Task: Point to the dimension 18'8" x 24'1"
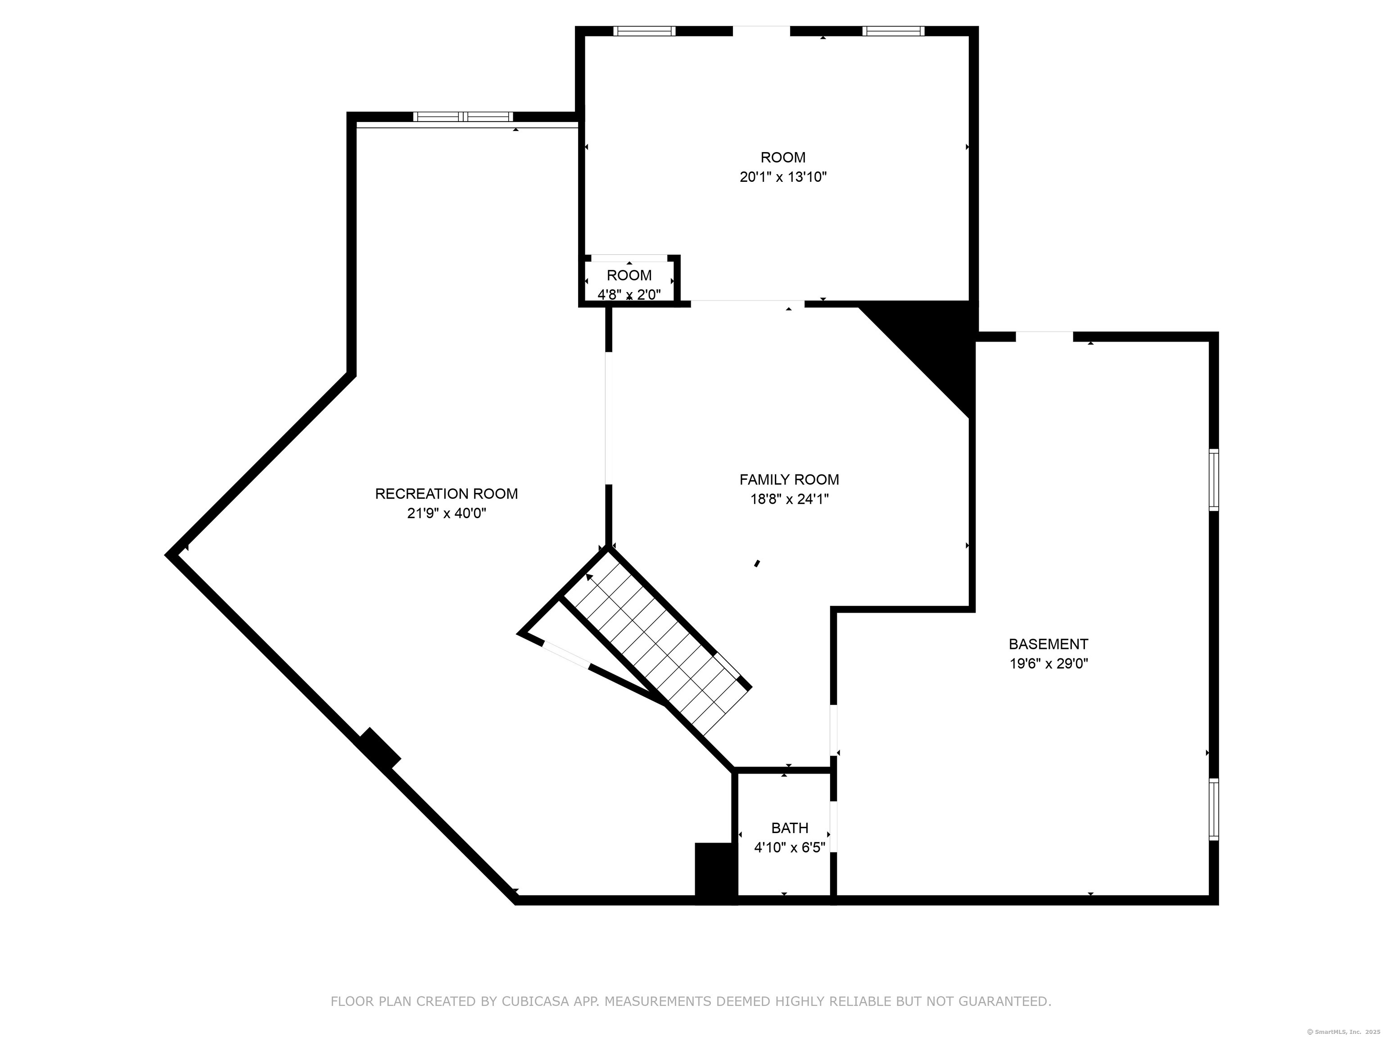pos(789,500)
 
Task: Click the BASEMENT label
pos(1049,644)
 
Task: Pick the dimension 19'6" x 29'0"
pos(1049,664)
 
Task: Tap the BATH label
pos(790,828)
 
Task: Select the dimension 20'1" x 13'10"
pos(783,177)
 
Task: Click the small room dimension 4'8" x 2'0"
pos(629,294)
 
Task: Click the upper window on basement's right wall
pos(1214,480)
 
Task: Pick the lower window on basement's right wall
pos(1214,809)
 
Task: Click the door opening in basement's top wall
pos(1044,337)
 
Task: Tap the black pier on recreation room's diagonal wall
pos(380,749)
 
